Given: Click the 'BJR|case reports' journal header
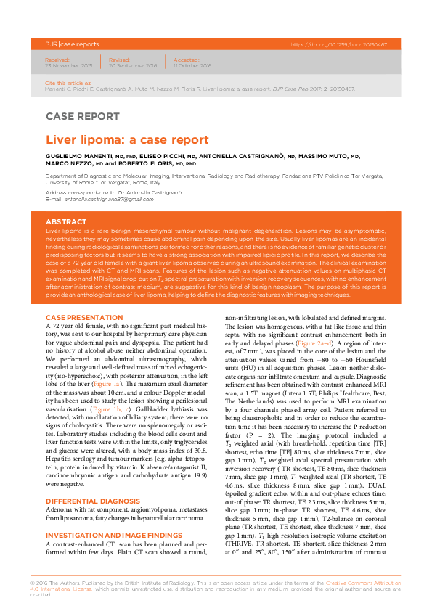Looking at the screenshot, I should point(70,44).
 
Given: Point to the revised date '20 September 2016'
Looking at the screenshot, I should point(133,65).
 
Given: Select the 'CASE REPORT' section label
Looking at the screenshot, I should point(82,116).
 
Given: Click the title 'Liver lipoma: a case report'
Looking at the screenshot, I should point(127,139).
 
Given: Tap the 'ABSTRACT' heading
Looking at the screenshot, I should point(66,222).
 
